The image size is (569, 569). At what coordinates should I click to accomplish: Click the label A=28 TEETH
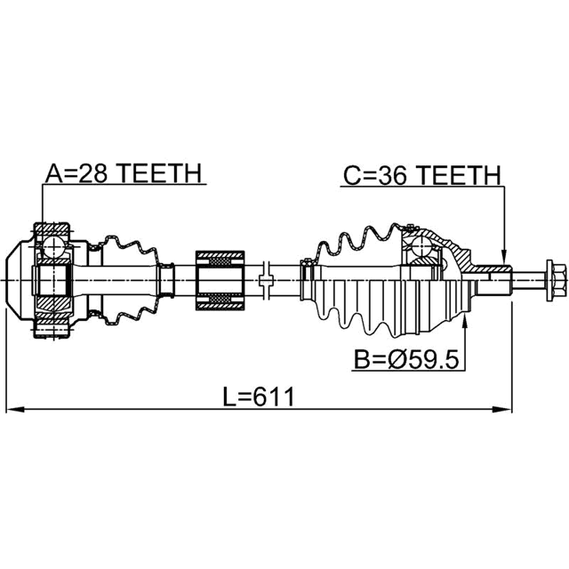pyautogui.click(x=124, y=174)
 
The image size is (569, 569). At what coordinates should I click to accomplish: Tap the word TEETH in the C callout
pyautogui.click(x=459, y=176)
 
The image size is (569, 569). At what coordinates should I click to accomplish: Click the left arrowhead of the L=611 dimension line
pyautogui.click(x=12, y=410)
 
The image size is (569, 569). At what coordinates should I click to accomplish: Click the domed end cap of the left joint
pyautogui.click(x=18, y=279)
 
